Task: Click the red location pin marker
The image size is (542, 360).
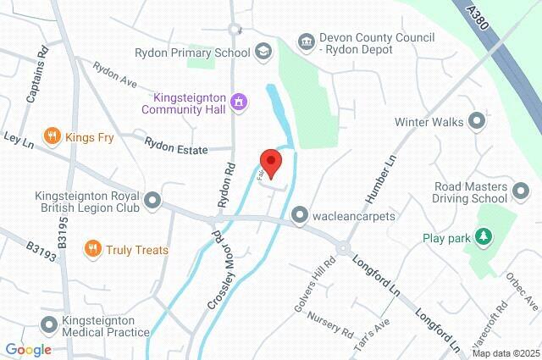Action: (x=269, y=161)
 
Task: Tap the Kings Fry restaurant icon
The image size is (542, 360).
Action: (x=53, y=135)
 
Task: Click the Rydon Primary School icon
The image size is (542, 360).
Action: (x=264, y=53)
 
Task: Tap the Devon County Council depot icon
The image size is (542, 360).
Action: (x=306, y=41)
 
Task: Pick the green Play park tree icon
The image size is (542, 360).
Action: (x=484, y=236)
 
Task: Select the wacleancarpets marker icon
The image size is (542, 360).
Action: (x=299, y=216)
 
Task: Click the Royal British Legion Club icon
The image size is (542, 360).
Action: (x=152, y=201)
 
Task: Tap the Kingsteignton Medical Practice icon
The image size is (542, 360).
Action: (x=48, y=324)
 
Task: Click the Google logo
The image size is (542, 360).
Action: (x=28, y=349)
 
